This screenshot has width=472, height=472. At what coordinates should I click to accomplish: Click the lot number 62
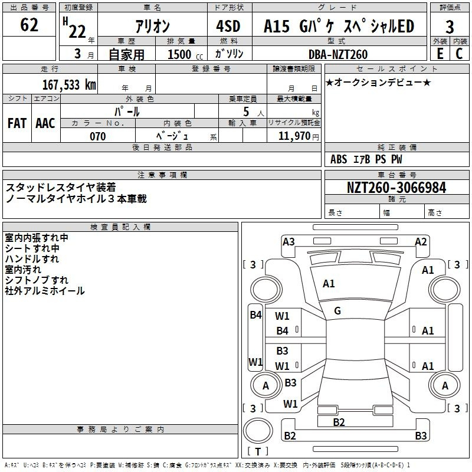(x=29, y=25)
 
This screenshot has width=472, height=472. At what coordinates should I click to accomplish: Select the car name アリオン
(x=153, y=26)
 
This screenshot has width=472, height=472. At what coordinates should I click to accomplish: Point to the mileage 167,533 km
(x=69, y=84)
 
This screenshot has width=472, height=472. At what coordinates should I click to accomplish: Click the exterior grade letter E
(x=440, y=54)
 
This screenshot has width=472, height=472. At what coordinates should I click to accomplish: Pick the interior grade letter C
(x=459, y=54)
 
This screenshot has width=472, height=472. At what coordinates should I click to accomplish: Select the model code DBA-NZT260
(x=338, y=54)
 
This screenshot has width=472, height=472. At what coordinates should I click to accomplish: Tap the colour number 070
(x=98, y=136)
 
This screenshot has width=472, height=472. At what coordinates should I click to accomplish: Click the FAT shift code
(x=17, y=123)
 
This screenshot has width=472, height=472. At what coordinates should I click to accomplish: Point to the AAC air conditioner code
(x=45, y=123)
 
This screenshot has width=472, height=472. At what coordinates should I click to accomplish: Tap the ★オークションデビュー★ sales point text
(x=378, y=82)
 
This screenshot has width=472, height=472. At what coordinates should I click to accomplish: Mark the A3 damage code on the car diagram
(x=289, y=241)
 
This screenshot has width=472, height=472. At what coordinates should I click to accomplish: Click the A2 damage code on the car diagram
(x=421, y=241)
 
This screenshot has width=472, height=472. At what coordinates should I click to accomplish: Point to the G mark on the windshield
(x=337, y=311)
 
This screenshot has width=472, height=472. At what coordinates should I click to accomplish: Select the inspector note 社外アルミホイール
(x=45, y=291)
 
